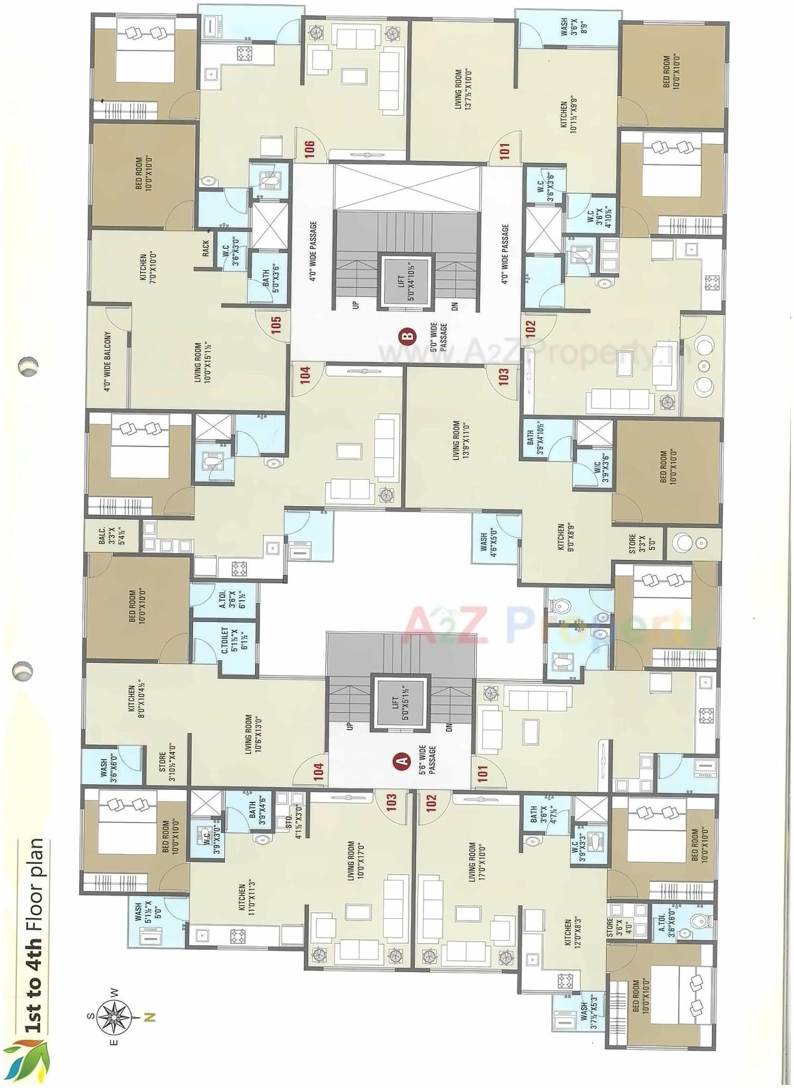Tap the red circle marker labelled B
pyautogui.click(x=408, y=336)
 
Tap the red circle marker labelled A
pyautogui.click(x=400, y=761)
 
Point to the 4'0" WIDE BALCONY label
pyautogui.click(x=108, y=361)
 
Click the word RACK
pyautogui.click(x=206, y=249)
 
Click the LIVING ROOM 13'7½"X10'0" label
pyautogui.click(x=462, y=90)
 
